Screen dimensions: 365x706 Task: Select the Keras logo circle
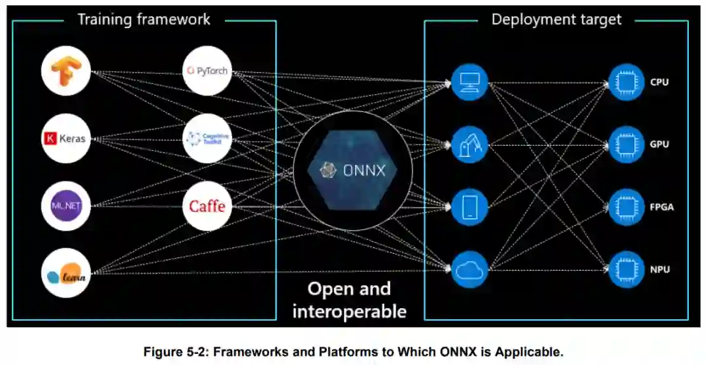[x=65, y=139]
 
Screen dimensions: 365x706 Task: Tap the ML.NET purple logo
[x=65, y=206]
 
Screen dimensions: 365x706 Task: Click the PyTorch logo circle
[x=207, y=71]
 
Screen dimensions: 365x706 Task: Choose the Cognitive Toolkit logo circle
[x=207, y=138]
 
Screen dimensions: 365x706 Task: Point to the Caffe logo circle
[x=207, y=206]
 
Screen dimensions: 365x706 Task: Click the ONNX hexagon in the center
[x=353, y=170]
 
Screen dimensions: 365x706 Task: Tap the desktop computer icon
[x=470, y=81]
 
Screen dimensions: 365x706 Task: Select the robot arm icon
[x=470, y=144]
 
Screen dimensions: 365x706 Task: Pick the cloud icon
[x=470, y=269]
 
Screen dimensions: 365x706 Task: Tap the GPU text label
[x=660, y=144]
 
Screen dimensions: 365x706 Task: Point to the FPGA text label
[x=662, y=207]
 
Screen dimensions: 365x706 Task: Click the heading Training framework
[x=144, y=19]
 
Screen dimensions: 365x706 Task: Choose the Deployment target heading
[x=556, y=19]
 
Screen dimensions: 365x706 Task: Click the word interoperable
[x=349, y=311]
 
